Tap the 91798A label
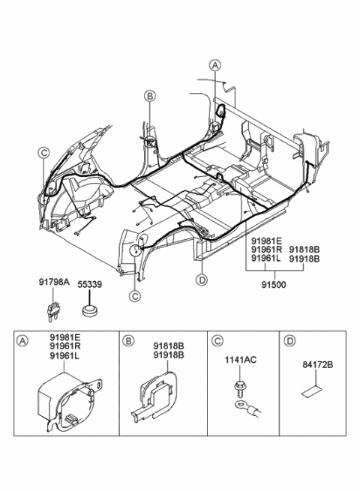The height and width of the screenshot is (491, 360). pyautogui.click(x=54, y=283)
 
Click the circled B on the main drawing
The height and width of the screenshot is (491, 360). pyautogui.click(x=150, y=96)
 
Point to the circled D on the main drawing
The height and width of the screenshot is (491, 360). pyautogui.click(x=201, y=280)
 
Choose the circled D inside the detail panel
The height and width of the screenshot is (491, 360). pyautogui.click(x=289, y=340)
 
